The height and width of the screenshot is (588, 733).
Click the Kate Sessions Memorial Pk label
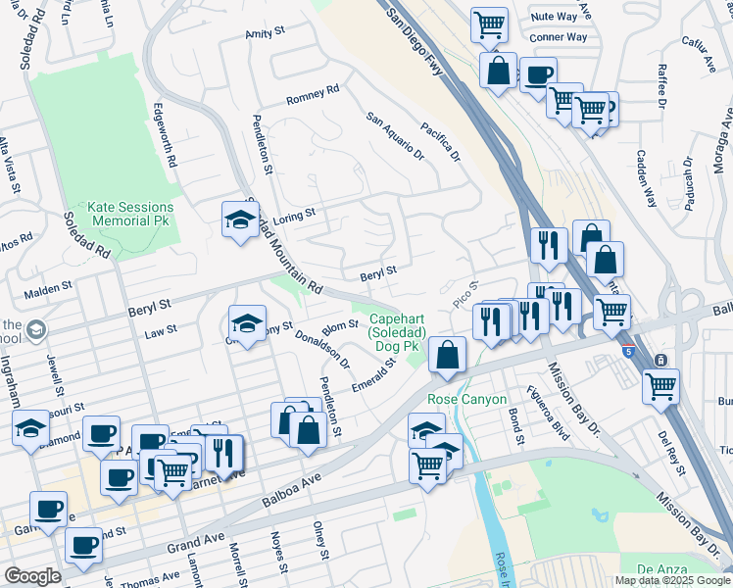130,215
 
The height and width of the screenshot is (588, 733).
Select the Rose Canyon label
466,400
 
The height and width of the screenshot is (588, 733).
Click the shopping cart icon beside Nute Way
489,23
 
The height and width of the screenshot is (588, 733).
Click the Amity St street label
264,34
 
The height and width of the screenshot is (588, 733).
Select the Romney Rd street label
312,95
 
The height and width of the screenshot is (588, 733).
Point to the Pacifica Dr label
441,141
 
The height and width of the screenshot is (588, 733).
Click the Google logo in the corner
32,576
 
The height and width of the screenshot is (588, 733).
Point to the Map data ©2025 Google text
671,580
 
